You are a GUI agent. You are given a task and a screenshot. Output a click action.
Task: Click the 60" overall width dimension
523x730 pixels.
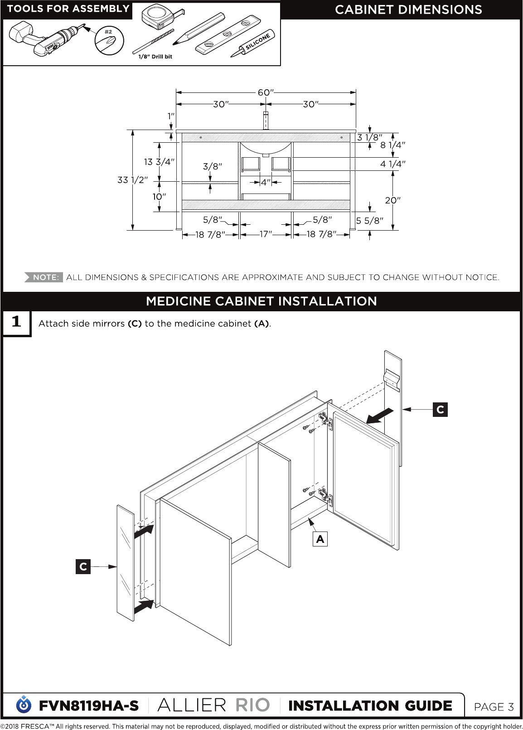click(x=265, y=92)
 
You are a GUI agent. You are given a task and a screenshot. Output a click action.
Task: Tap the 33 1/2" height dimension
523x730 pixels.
click(x=132, y=180)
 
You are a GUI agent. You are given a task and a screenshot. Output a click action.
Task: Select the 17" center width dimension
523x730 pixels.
click(x=265, y=234)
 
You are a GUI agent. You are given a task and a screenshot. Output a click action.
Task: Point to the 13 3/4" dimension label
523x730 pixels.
click(x=159, y=162)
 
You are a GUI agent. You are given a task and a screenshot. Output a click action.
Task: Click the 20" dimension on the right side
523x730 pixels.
click(x=392, y=200)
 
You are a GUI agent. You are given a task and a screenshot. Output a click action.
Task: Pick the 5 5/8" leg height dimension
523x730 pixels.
click(x=369, y=221)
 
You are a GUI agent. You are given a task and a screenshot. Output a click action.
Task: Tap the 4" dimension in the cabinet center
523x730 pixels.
click(x=266, y=182)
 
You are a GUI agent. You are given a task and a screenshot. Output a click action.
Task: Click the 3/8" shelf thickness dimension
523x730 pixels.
click(x=213, y=166)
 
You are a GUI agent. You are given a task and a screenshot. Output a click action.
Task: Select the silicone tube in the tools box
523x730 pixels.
click(x=253, y=44)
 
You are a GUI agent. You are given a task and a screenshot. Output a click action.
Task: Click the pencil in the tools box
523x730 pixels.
click(x=198, y=29)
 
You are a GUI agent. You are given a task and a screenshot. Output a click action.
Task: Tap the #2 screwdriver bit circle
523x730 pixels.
click(x=109, y=41)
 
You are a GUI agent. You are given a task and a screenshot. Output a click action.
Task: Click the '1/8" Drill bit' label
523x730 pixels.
click(x=155, y=56)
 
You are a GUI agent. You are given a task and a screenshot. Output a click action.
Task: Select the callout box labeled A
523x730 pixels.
click(x=320, y=539)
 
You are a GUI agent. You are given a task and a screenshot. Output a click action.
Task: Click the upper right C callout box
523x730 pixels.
click(x=440, y=409)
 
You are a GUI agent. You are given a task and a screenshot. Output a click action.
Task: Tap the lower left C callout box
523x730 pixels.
click(x=83, y=566)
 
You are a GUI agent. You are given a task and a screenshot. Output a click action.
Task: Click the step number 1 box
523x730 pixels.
click(x=17, y=323)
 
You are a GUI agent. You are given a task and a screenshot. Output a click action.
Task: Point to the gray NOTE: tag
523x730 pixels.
click(x=44, y=277)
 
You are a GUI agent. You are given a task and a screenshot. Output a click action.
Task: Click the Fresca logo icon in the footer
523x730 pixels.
click(x=24, y=705)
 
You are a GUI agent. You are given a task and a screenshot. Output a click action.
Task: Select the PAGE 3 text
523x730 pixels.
click(x=494, y=707)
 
